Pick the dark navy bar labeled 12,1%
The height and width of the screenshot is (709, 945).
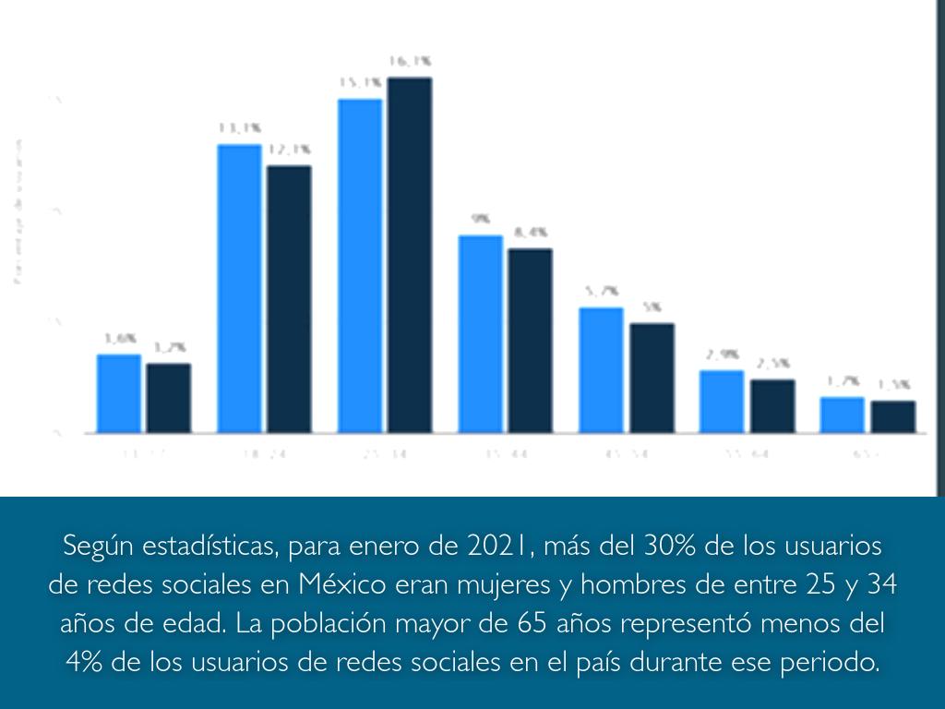(x=289, y=299)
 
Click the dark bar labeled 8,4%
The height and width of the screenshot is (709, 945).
(x=530, y=341)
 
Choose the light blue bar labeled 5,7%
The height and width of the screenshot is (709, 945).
(x=601, y=369)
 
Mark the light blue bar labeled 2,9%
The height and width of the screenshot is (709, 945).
(x=721, y=401)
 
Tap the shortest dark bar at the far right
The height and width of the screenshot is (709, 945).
(x=892, y=416)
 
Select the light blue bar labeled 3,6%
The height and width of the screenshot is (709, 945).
(x=119, y=393)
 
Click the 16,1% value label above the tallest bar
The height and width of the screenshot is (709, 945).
(x=410, y=62)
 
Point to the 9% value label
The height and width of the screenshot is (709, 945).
(x=481, y=220)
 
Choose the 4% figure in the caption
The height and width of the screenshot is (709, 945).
(x=86, y=663)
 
